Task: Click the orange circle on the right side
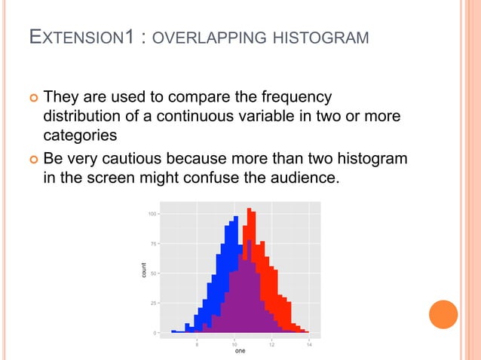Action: pyautogui.click(x=443, y=314)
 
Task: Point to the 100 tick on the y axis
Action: pyautogui.click(x=152, y=215)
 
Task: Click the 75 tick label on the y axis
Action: pyautogui.click(x=152, y=244)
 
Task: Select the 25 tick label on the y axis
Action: pyautogui.click(x=152, y=303)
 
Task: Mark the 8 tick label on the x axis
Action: pyautogui.click(x=198, y=343)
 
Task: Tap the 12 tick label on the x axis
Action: pyautogui.click(x=271, y=343)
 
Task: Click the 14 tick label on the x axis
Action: pyautogui.click(x=309, y=343)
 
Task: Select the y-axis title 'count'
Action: pyautogui.click(x=144, y=273)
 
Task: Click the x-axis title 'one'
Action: pyautogui.click(x=240, y=351)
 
